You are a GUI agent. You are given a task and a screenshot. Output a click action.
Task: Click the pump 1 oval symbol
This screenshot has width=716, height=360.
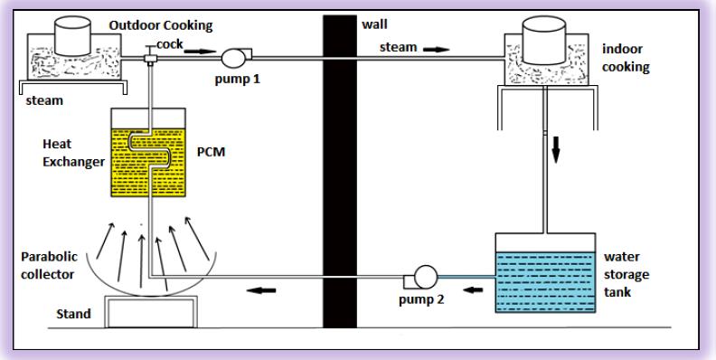[x=233, y=58]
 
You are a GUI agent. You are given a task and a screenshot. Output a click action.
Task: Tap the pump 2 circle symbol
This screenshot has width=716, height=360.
[x=426, y=277]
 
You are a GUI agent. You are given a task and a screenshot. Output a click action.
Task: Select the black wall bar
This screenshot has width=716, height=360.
[x=340, y=171]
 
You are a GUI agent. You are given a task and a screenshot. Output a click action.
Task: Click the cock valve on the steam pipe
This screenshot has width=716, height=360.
[x=149, y=57]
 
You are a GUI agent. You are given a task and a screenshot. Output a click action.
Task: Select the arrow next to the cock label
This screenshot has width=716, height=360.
[x=200, y=51]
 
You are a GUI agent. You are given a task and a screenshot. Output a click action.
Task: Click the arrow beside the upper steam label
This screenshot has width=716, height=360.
[x=437, y=49]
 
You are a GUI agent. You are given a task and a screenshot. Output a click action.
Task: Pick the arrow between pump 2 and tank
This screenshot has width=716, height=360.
[x=473, y=289]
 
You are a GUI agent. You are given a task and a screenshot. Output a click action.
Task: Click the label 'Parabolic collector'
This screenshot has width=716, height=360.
[x=49, y=265]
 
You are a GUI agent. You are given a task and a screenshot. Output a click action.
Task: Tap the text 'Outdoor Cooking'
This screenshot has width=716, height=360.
[x=161, y=25]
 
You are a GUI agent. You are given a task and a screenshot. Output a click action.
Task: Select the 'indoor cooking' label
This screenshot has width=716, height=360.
[x=626, y=58]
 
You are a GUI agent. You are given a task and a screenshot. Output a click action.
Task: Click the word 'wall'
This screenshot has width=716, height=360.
[x=375, y=24]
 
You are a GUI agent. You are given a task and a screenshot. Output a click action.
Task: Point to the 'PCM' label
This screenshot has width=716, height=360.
[x=211, y=151]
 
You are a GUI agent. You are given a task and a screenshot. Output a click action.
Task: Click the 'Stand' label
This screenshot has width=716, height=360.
[x=73, y=314]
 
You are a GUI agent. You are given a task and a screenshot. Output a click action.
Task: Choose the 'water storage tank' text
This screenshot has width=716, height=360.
[x=626, y=274]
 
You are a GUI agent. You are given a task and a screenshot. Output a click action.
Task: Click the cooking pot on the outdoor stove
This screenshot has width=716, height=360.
[x=72, y=36]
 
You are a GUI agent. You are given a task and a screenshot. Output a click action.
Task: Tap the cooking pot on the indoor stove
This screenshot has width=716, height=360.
[x=544, y=40]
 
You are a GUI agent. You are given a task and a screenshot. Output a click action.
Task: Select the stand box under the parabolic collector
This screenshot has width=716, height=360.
[x=151, y=311]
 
